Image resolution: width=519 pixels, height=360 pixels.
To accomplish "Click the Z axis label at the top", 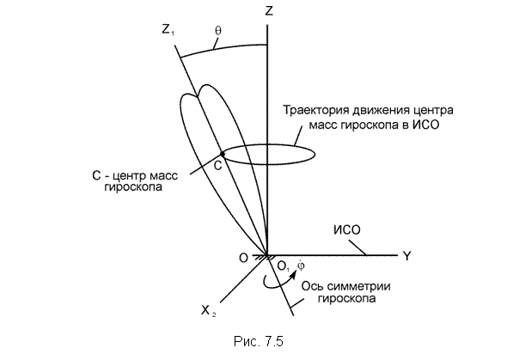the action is pyautogui.click(x=269, y=11).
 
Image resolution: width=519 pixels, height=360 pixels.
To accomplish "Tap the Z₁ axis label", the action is pyautogui.click(x=168, y=30).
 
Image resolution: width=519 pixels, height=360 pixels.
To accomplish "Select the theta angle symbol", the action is pyautogui.click(x=218, y=30).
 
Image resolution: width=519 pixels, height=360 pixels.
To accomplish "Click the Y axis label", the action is pyautogui.click(x=407, y=256).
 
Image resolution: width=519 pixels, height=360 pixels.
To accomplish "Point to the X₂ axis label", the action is pyautogui.click(x=209, y=310).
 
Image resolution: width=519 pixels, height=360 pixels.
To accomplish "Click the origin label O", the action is pyautogui.click(x=243, y=258).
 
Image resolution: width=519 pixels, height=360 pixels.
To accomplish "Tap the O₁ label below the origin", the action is pyautogui.click(x=284, y=265).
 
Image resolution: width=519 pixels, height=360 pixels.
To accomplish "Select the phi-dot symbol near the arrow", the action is pyautogui.click(x=301, y=265).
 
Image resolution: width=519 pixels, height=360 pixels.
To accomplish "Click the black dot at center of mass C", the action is pyautogui.click(x=223, y=154).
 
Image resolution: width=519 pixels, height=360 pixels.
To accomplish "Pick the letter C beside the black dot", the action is pyautogui.click(x=217, y=165).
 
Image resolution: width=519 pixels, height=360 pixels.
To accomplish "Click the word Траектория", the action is pyautogui.click(x=315, y=110).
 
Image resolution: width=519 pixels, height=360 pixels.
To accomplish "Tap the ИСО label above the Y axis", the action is pyautogui.click(x=346, y=229).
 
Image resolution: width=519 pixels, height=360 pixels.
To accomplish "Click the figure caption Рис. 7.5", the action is pyautogui.click(x=259, y=341).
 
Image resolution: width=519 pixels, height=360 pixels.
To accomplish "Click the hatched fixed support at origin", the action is pyautogui.click(x=264, y=256).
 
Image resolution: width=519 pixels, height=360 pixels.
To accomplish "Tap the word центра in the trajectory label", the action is pyautogui.click(x=433, y=110).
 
